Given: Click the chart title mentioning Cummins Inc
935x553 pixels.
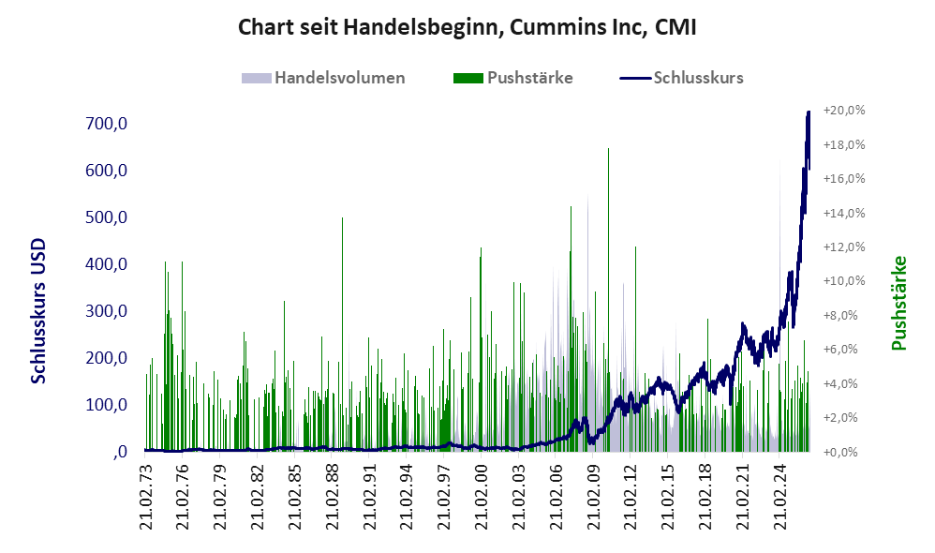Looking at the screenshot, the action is (467, 27).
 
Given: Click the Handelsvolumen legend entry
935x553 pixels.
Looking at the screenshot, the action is (323, 78).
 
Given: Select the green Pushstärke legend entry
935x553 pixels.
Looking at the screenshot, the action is (512, 78).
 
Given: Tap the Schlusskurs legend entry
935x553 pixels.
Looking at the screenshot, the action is (681, 78).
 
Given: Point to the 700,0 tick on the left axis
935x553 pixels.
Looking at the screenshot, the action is (107, 124).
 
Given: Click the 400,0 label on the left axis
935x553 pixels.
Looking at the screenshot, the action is (107, 263).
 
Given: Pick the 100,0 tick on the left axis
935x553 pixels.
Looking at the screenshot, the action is (107, 405).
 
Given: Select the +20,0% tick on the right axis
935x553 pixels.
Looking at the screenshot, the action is (844, 111).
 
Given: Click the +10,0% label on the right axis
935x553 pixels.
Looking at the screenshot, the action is (844, 281).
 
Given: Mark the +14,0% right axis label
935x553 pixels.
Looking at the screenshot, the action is (844, 213).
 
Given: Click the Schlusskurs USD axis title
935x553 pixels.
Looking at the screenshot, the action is (38, 311).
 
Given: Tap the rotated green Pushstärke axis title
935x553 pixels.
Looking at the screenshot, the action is (898, 303).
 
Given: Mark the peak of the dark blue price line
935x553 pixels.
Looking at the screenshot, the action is (809, 112).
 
